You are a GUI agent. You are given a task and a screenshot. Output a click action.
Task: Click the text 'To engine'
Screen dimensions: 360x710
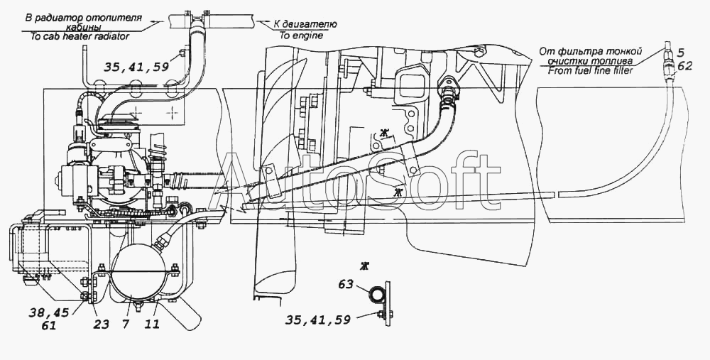[x=300, y=34]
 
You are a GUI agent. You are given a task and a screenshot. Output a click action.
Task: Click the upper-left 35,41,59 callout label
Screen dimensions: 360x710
[x=136, y=67]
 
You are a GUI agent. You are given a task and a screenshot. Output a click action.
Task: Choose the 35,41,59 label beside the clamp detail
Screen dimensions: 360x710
[x=317, y=320]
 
